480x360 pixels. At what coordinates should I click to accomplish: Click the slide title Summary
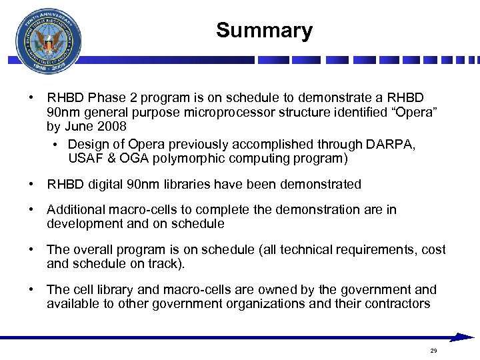[x=264, y=31]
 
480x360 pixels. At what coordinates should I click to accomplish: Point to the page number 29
[x=433, y=351]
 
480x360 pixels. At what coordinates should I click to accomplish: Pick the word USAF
[x=86, y=158]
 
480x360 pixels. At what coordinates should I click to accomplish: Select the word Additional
[x=75, y=210]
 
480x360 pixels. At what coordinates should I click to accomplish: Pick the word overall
[x=94, y=250]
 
